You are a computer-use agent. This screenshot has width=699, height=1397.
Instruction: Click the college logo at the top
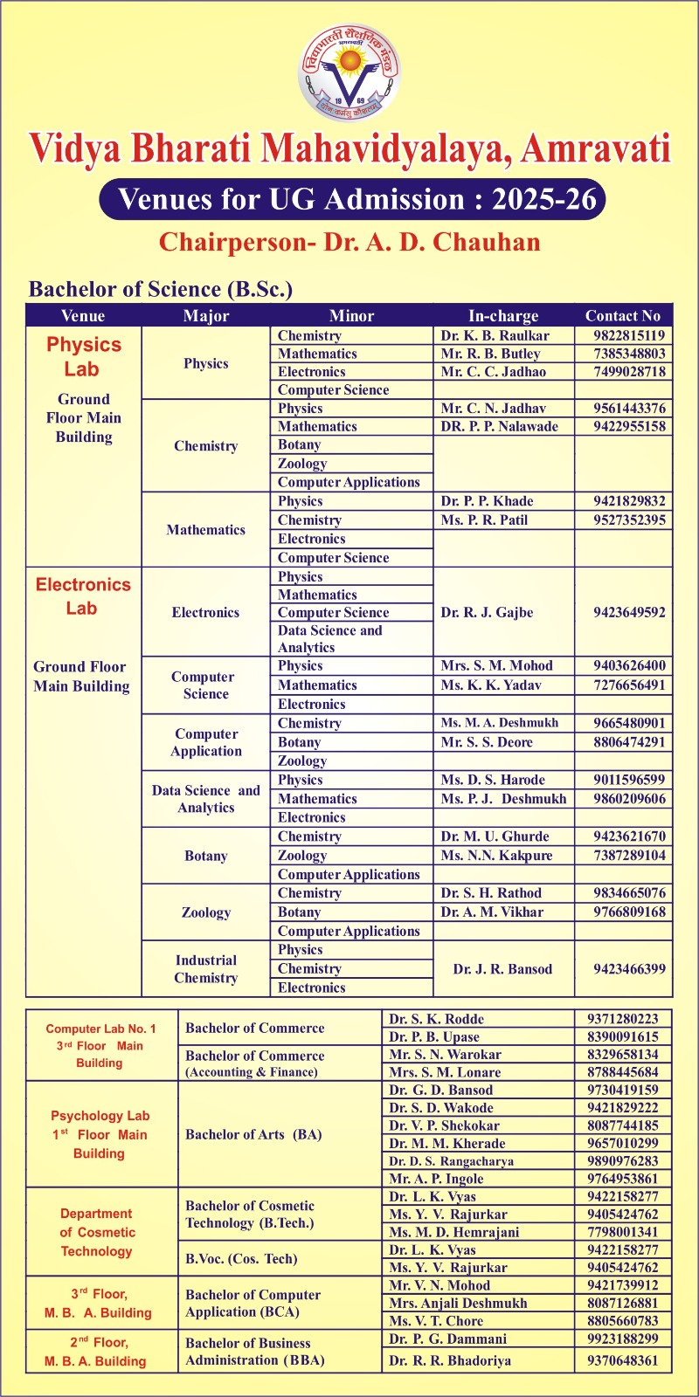click(x=349, y=72)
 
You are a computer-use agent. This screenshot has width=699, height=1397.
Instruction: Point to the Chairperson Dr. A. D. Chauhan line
click(x=349, y=243)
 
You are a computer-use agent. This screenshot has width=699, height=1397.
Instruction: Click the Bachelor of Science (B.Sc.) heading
click(x=161, y=289)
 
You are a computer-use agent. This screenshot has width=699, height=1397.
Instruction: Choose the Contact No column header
click(x=623, y=316)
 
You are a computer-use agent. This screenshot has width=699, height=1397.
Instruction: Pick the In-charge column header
click(x=503, y=316)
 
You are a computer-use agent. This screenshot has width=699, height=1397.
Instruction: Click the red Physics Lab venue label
click(x=83, y=357)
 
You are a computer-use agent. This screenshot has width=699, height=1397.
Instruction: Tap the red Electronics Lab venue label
click(x=83, y=596)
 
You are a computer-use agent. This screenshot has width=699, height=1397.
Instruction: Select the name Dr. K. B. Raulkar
click(x=495, y=335)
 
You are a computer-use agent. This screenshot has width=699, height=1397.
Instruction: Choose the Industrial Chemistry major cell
click(x=205, y=969)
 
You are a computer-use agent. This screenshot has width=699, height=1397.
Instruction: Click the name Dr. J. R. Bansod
click(x=502, y=969)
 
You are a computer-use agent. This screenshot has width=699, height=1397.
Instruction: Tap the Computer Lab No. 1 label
click(x=100, y=1029)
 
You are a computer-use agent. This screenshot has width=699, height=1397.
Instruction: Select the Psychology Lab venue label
click(x=100, y=1116)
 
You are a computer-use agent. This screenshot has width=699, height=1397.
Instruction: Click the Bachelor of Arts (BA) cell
click(x=253, y=1134)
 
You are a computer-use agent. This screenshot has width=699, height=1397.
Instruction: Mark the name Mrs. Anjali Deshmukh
click(x=458, y=1303)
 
